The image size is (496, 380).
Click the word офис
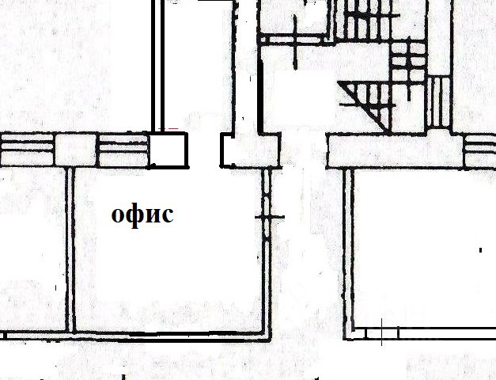142,214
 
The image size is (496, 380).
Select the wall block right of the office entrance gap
249,150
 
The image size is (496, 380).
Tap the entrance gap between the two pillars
204,150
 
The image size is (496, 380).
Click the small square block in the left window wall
74,150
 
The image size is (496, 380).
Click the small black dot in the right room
480,250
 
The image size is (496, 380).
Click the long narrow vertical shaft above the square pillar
157,63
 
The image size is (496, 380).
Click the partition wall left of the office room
70,249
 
